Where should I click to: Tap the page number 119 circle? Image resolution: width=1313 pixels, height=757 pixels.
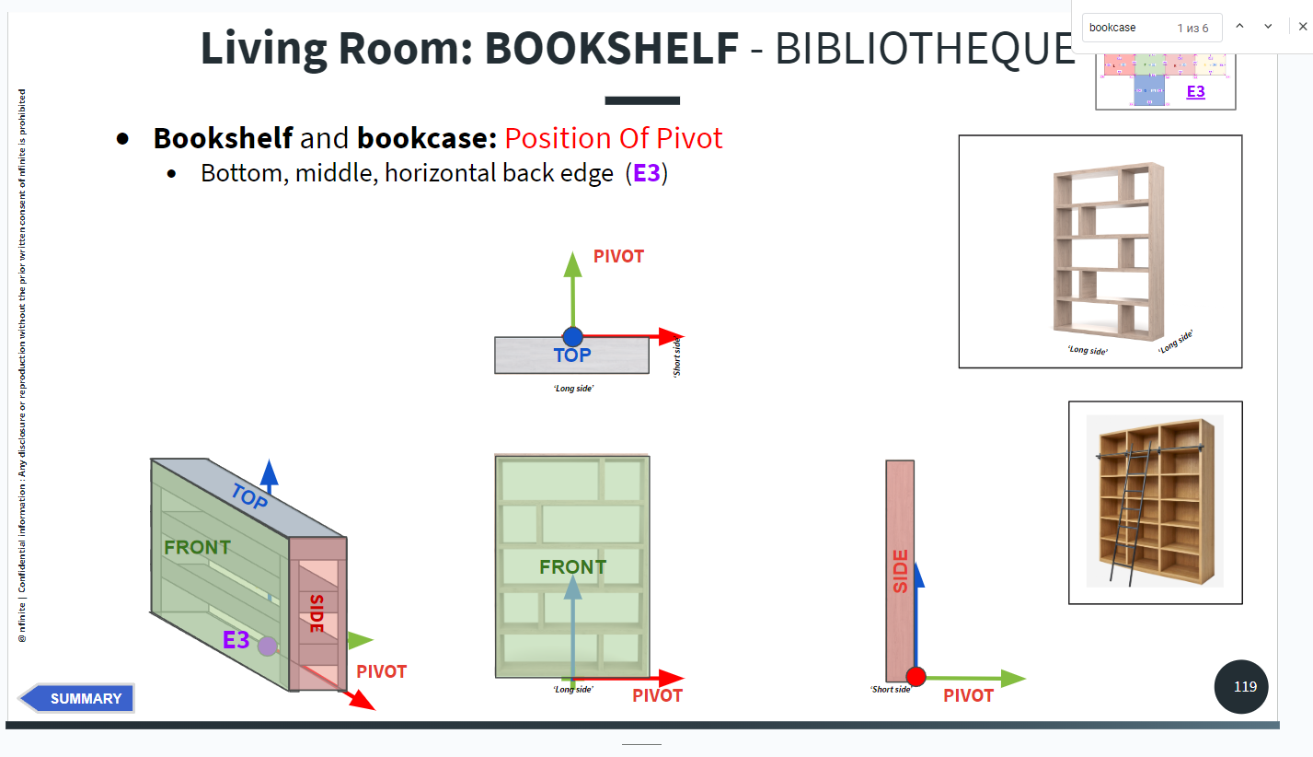coord(1245,686)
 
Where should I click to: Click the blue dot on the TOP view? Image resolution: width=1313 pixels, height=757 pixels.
coord(572,337)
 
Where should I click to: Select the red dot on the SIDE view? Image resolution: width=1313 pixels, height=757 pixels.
coord(916,677)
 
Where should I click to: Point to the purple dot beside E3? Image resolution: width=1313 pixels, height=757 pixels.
coord(267,646)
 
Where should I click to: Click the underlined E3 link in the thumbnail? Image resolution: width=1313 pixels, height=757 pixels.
coord(1195,91)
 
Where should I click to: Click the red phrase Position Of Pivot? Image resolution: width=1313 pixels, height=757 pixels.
coord(614,138)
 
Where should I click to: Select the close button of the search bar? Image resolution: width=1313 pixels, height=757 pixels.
coord(1302,27)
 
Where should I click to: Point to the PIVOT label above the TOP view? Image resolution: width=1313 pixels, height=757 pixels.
coord(618,256)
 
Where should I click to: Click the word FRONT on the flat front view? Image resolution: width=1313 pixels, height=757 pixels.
coord(572,567)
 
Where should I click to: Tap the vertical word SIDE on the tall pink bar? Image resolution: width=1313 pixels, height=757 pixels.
coord(900,571)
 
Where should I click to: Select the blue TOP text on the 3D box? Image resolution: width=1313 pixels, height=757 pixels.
coord(249,497)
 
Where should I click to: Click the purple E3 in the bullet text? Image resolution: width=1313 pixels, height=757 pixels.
coord(647,172)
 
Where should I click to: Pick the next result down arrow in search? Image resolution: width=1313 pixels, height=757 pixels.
coord(1268,27)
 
